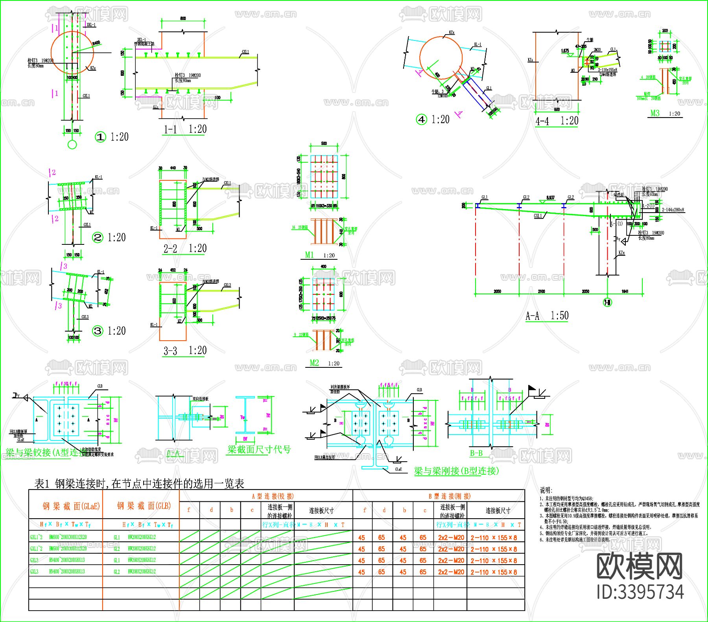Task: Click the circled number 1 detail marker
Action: click(x=101, y=137)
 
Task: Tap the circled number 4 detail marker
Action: click(x=422, y=119)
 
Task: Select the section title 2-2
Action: click(x=170, y=248)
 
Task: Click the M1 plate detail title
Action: click(x=310, y=255)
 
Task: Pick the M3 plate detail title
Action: click(x=655, y=113)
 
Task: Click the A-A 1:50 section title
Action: click(x=547, y=316)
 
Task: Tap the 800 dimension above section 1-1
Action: click(x=183, y=18)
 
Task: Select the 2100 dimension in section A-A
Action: click(x=541, y=291)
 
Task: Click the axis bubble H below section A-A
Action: click(x=608, y=302)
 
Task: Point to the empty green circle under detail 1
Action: click(x=72, y=145)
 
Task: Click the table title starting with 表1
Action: click(x=139, y=483)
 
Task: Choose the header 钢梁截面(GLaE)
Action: click(x=71, y=506)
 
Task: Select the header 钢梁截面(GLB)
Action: click(x=144, y=506)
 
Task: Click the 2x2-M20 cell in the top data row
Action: click(x=451, y=538)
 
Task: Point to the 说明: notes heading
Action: click(x=546, y=490)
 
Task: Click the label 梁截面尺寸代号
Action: click(x=259, y=450)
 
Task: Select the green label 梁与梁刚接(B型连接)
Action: click(x=456, y=471)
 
